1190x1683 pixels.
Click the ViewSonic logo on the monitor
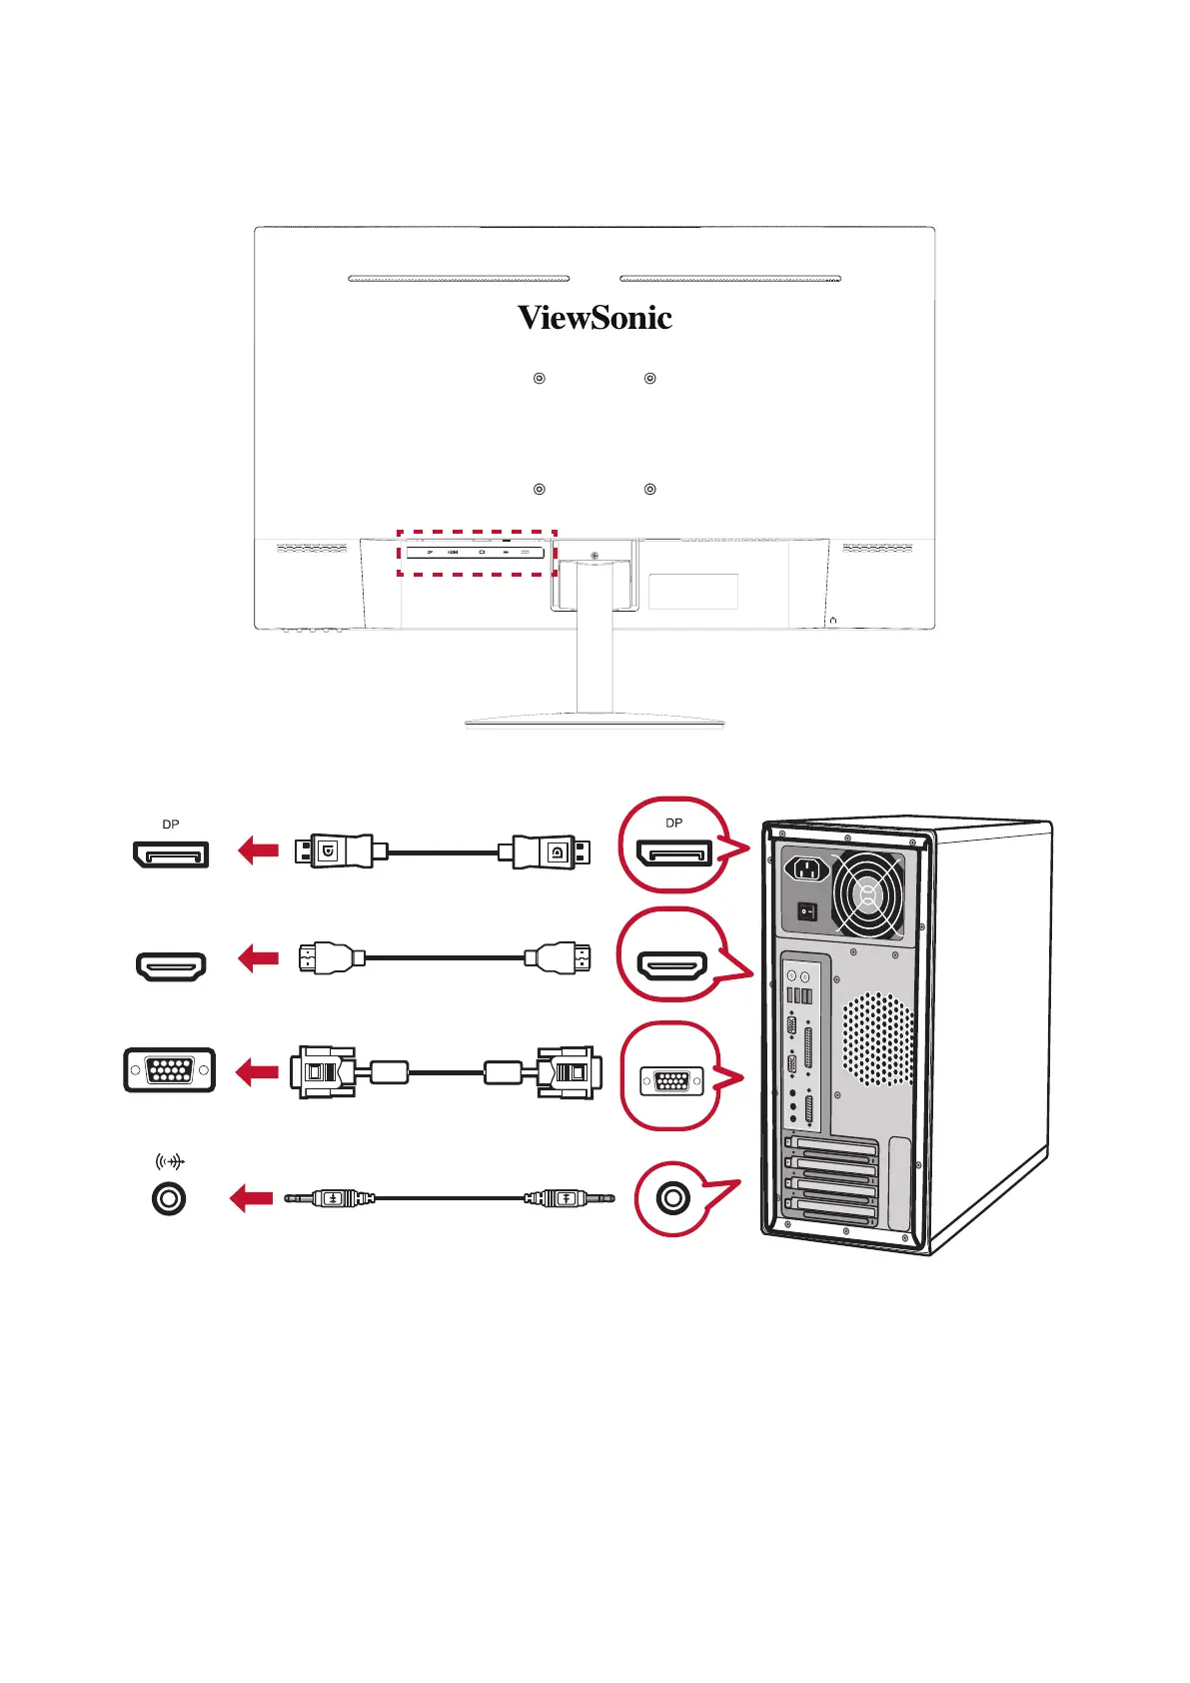[595, 318]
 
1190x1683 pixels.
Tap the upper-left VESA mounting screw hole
[540, 379]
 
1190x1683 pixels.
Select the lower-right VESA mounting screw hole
[650, 490]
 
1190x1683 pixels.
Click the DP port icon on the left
[171, 854]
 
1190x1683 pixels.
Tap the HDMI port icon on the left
[171, 966]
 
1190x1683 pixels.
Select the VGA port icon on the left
[170, 1070]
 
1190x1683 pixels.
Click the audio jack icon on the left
[169, 1198]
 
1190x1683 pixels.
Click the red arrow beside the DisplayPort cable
[259, 850]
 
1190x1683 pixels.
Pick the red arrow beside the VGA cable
[257, 1072]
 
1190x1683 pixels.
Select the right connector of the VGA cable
[568, 1072]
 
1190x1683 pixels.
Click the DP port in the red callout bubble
[674, 853]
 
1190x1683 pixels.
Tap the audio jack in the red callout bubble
[673, 1197]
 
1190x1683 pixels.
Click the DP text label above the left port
[171, 825]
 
